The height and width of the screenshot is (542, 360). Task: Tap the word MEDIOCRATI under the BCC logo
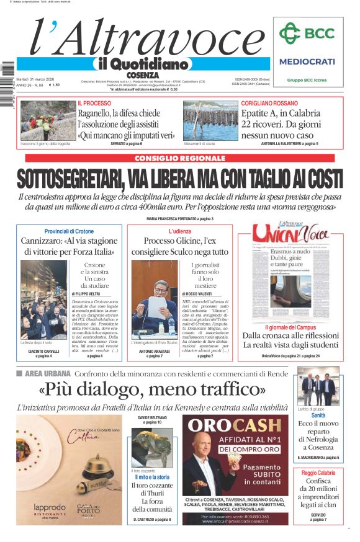pyautogui.click(x=307, y=61)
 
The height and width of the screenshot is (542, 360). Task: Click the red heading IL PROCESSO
pyautogui.click(x=94, y=103)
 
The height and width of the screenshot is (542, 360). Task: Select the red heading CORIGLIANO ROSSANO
pyautogui.click(x=269, y=103)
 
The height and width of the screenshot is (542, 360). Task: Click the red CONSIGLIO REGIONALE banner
pyautogui.click(x=179, y=158)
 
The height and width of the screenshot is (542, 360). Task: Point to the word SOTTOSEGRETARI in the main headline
pyautogui.click(x=68, y=179)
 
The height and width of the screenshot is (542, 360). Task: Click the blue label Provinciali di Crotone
pyautogui.click(x=69, y=231)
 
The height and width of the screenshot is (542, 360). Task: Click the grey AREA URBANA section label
pyautogui.click(x=48, y=373)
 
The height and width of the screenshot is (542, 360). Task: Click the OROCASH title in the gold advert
pyautogui.click(x=235, y=425)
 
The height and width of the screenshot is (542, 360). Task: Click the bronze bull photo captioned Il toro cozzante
pyautogui.click(x=152, y=447)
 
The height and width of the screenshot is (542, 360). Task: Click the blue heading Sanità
pyautogui.click(x=318, y=415)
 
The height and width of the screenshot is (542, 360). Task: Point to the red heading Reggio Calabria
pyautogui.click(x=318, y=473)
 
